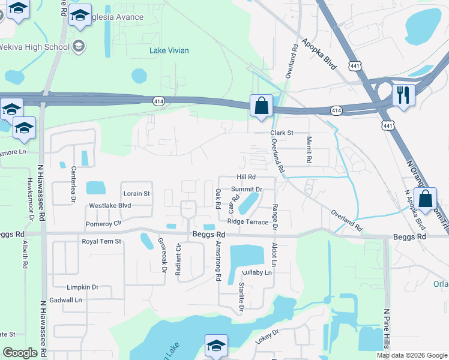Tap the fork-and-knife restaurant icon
[x=403, y=94]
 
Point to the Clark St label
[x=281, y=133]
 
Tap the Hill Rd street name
[x=246, y=177]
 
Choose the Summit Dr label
[x=247, y=190]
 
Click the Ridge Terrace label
[x=247, y=222]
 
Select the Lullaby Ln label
[x=257, y=272]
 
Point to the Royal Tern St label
[x=101, y=241]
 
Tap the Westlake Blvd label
[x=110, y=205]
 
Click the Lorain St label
[x=136, y=194]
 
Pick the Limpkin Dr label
[x=82, y=287]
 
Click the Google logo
[x=20, y=353]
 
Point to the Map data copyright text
[x=411, y=355]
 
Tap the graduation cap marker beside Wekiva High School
[x=79, y=46]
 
